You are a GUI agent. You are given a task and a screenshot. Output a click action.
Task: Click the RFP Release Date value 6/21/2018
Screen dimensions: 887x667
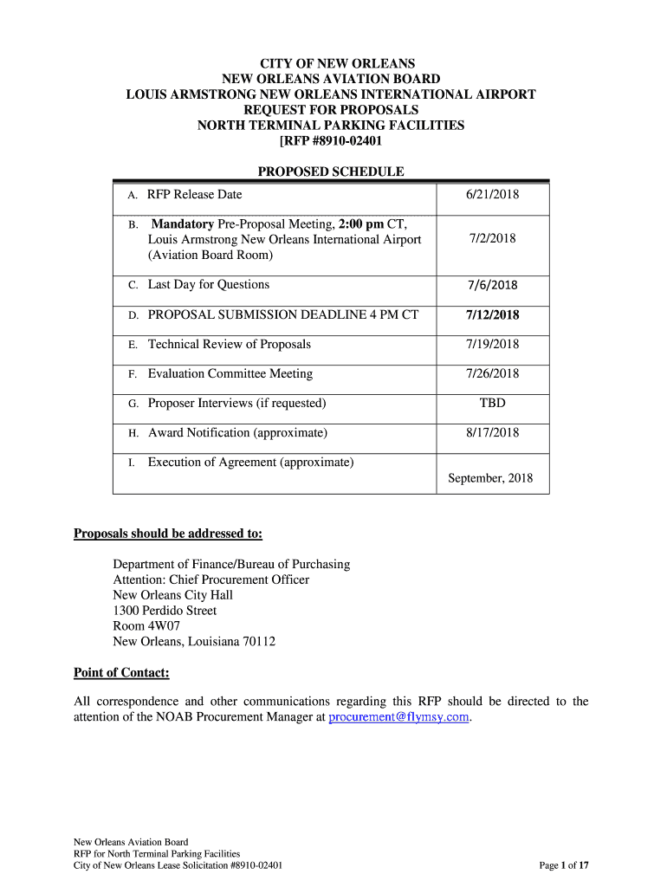492,195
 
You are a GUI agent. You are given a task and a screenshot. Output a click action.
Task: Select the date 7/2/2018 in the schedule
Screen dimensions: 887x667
492,238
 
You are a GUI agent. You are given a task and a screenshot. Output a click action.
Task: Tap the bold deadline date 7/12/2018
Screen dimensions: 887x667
492,315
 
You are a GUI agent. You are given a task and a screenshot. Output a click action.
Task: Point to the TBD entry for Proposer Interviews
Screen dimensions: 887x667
492,404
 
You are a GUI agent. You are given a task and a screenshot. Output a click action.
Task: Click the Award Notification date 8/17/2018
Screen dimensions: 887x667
492,433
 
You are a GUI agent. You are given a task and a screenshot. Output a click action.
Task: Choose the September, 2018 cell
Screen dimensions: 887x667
490,478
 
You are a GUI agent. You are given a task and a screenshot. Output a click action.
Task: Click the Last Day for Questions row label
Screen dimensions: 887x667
208,285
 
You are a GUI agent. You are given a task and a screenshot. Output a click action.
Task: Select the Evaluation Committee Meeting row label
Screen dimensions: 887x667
230,374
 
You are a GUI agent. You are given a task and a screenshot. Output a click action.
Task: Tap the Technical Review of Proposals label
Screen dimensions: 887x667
229,345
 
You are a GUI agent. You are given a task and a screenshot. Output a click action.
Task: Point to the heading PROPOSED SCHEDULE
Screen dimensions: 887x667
331,172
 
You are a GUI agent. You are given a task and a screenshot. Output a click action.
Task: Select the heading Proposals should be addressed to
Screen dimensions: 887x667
168,533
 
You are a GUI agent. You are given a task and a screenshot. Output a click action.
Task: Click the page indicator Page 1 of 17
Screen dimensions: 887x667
563,865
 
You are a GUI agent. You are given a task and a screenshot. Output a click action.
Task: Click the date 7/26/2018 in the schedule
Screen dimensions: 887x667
492,374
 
